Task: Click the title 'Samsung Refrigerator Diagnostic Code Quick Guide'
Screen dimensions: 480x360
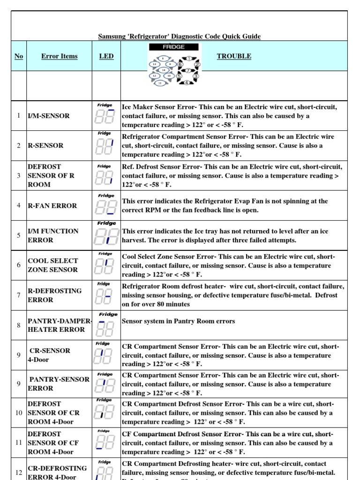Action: point(179,36)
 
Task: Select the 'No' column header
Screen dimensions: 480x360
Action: point(19,56)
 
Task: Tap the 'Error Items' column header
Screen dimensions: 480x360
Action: point(60,56)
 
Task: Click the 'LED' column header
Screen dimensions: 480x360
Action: point(106,56)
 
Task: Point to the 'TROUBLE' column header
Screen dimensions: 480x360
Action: point(234,56)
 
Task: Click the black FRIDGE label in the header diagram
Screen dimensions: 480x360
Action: point(173,47)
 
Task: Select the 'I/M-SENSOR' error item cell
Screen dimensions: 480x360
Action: point(49,116)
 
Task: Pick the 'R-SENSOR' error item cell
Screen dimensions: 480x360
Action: point(46,145)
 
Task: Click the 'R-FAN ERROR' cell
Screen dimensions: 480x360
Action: point(52,205)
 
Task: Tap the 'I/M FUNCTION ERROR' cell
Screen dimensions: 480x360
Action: point(53,235)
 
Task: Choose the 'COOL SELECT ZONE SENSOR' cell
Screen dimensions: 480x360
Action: point(53,265)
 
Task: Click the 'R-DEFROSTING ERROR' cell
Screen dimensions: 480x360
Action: point(54,295)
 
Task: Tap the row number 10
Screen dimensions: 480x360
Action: point(19,412)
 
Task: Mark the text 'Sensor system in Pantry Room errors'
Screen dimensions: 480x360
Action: point(178,321)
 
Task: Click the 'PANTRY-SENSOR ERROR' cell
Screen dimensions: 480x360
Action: point(59,383)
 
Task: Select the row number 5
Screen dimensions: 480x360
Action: point(19,235)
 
